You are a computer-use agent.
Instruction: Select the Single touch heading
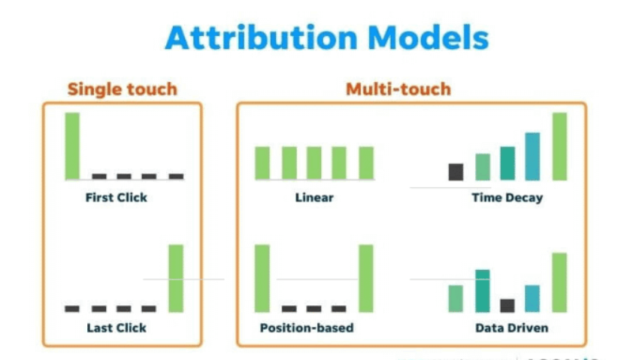122,89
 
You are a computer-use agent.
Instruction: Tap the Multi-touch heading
398,89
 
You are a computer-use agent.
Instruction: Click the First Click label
117,198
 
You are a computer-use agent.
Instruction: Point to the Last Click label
117,328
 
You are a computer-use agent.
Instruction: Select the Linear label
314,198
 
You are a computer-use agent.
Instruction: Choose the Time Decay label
507,198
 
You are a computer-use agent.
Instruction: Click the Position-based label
307,328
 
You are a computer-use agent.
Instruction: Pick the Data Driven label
511,328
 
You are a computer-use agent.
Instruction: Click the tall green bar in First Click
72,146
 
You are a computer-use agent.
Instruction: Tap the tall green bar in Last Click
175,277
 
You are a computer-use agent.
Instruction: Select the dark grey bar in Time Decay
456,172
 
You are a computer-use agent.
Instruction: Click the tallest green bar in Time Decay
559,147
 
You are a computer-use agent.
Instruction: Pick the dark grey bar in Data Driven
507,305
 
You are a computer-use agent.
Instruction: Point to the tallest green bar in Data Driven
559,282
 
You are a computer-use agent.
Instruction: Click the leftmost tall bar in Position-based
262,277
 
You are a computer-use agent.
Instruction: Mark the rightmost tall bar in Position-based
366,277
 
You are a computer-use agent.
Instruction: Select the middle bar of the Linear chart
314,162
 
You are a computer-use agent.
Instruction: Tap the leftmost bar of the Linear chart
262,162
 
